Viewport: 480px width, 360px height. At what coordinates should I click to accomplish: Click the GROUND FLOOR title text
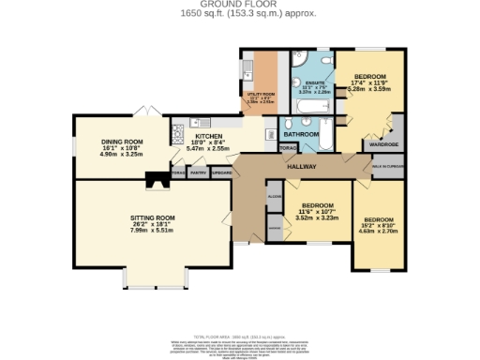[x=240, y=4]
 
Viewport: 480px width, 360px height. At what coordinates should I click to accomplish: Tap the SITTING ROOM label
[x=153, y=217]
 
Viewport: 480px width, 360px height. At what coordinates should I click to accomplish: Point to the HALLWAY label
[x=302, y=167]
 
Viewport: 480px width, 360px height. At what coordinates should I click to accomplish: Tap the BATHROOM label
[x=302, y=135]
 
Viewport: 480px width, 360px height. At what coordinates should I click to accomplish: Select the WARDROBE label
[x=380, y=145]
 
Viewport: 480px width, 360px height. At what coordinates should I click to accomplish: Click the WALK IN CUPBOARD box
[x=388, y=165]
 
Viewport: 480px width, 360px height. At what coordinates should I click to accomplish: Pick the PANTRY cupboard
[x=199, y=173]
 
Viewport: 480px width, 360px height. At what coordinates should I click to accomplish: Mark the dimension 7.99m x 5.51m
[x=153, y=231]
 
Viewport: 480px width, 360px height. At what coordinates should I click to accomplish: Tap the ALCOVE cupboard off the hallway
[x=275, y=198]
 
